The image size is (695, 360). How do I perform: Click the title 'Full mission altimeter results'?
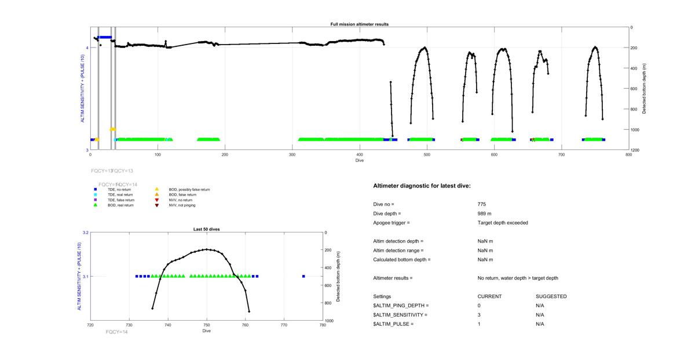pyautogui.click(x=360, y=24)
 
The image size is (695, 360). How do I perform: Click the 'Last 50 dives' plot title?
pyautogui.click(x=206, y=229)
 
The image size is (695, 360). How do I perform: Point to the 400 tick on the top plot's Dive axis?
pyautogui.click(x=360, y=155)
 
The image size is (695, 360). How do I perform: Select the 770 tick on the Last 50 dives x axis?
pyautogui.click(x=284, y=325)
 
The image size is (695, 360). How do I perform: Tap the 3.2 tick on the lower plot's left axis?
pyautogui.click(x=85, y=233)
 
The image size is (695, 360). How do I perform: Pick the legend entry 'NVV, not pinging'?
pyautogui.click(x=182, y=205)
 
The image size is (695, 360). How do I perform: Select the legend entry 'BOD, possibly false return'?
pyautogui.click(x=189, y=189)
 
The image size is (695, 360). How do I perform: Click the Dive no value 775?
pyautogui.click(x=482, y=204)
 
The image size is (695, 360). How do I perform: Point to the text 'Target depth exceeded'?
pyautogui.click(x=503, y=223)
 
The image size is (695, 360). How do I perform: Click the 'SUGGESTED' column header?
pyautogui.click(x=551, y=296)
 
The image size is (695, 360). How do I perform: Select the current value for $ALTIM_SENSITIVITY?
pyautogui.click(x=479, y=315)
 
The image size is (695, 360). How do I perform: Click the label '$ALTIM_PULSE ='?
pyautogui.click(x=393, y=324)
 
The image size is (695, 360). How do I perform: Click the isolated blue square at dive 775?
pyautogui.click(x=303, y=277)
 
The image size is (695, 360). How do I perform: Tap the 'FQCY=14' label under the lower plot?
pyautogui.click(x=116, y=332)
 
